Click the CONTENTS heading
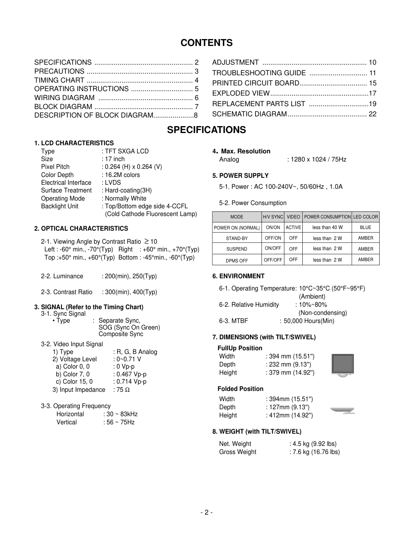(x=206, y=43)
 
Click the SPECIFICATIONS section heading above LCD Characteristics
(x=206, y=130)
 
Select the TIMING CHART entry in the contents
(x=59, y=80)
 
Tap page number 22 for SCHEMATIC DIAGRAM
(x=372, y=114)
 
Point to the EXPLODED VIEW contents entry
(x=241, y=93)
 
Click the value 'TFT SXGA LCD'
(x=127, y=151)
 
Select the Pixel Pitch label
(x=55, y=167)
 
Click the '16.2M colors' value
(x=122, y=175)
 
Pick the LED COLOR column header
(x=365, y=217)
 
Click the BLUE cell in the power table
(x=365, y=227)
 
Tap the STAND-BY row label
(x=237, y=238)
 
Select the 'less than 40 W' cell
(x=327, y=227)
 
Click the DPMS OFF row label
(x=237, y=260)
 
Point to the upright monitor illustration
(x=342, y=365)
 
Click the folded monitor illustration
(x=343, y=410)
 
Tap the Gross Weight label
(x=238, y=452)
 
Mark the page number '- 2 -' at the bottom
(x=207, y=512)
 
